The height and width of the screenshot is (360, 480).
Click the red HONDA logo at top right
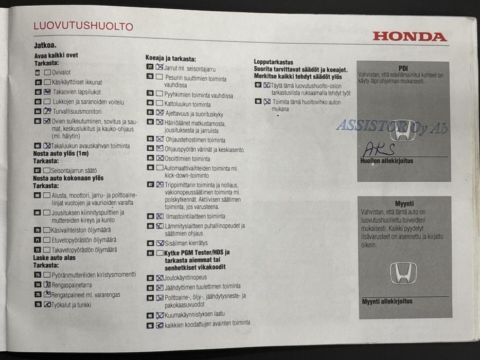[x=410, y=37]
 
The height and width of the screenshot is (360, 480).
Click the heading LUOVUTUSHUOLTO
[x=83, y=26]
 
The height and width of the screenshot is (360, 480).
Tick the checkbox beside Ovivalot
[x=47, y=73]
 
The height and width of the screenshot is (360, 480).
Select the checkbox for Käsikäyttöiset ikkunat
[x=47, y=82]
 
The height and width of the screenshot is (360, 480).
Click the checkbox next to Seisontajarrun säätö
[x=47, y=170]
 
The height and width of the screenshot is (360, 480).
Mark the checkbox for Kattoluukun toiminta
[x=159, y=104]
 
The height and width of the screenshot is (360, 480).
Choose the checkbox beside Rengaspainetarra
[x=47, y=284]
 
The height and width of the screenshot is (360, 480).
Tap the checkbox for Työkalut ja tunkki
[x=47, y=304]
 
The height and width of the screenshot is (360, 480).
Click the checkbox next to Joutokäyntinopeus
[x=159, y=278]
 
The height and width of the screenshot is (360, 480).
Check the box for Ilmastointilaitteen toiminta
[x=159, y=217]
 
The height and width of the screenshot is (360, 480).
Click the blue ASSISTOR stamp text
[x=391, y=126]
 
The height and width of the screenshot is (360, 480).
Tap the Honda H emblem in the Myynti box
[x=403, y=273]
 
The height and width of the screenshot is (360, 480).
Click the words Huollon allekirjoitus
[x=386, y=161]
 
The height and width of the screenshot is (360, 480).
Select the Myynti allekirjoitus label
[x=387, y=301]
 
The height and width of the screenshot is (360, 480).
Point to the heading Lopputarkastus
[x=273, y=62]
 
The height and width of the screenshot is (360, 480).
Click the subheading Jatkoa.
[x=45, y=45]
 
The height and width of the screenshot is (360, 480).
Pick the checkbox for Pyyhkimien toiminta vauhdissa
[x=159, y=94]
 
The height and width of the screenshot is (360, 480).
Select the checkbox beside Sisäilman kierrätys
[x=159, y=243]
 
